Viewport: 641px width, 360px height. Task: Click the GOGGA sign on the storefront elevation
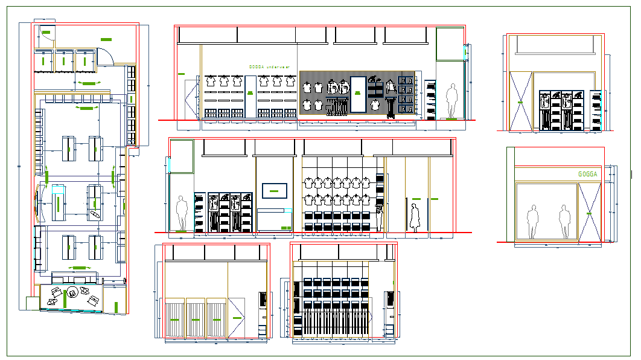click(x=587, y=175)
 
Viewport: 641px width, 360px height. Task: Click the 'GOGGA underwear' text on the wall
click(x=269, y=67)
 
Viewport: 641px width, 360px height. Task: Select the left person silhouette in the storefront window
click(x=532, y=222)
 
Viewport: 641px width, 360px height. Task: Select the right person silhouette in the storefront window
click(x=564, y=222)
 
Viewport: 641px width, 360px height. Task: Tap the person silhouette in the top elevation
click(x=451, y=101)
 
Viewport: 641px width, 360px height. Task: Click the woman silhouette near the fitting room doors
click(x=414, y=217)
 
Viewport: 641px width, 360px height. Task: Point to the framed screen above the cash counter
click(x=274, y=191)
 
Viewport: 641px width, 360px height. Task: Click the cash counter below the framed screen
click(x=275, y=219)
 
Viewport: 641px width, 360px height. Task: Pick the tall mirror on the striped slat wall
click(x=357, y=94)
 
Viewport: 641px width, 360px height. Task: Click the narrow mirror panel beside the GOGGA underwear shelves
click(x=249, y=97)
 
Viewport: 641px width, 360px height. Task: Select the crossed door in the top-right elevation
click(x=520, y=100)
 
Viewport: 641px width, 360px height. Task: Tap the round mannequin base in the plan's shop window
click(x=72, y=294)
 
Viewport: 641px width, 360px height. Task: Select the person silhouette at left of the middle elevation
click(x=182, y=213)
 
